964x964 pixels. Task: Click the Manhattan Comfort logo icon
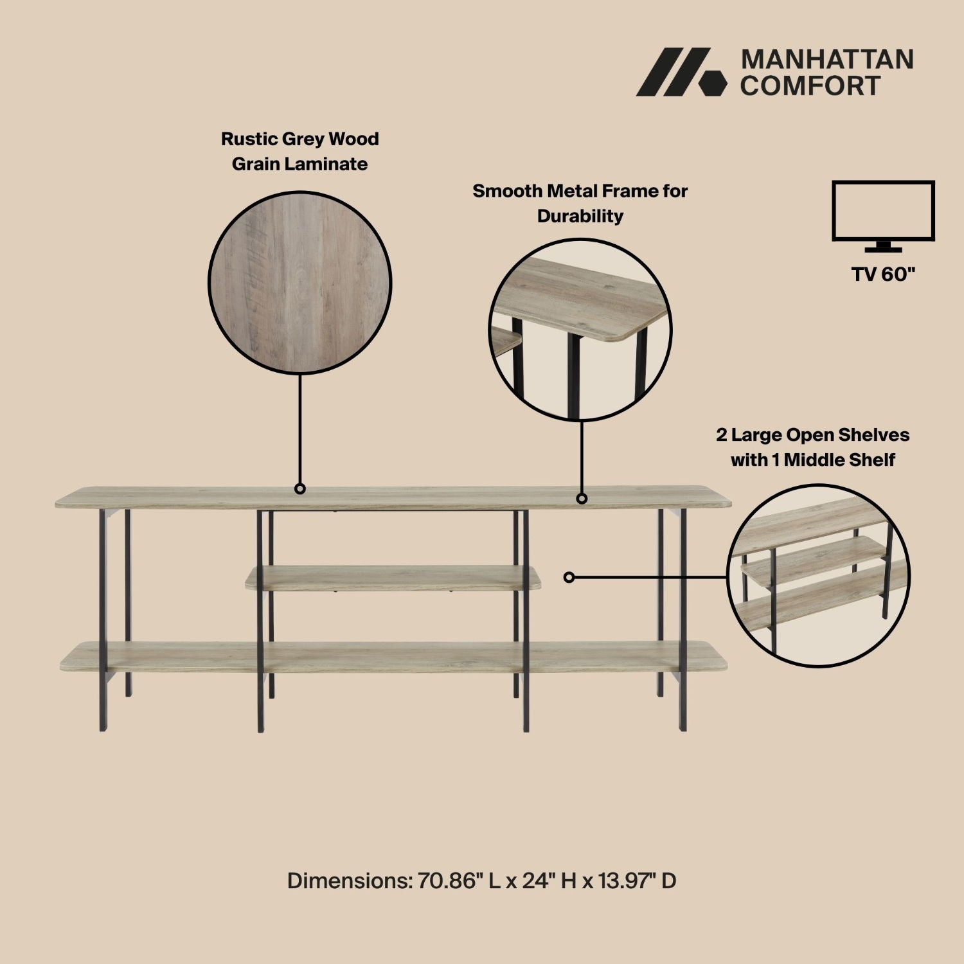[681, 72]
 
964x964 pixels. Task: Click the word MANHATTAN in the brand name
[827, 59]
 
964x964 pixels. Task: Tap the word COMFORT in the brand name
[810, 85]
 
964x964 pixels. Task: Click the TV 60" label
[883, 274]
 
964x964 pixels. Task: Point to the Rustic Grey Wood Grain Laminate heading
[299, 151]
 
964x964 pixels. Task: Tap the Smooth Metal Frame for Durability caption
[580, 203]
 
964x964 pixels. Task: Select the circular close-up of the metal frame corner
[580, 329]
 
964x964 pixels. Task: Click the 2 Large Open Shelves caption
[812, 447]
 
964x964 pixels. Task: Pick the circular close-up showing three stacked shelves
[818, 575]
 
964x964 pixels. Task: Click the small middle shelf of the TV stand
[392, 577]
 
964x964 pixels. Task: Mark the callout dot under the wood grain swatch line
[299, 489]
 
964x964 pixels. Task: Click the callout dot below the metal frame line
[582, 498]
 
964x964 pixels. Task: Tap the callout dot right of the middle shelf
[569, 577]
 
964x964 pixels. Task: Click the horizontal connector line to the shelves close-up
[649, 577]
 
